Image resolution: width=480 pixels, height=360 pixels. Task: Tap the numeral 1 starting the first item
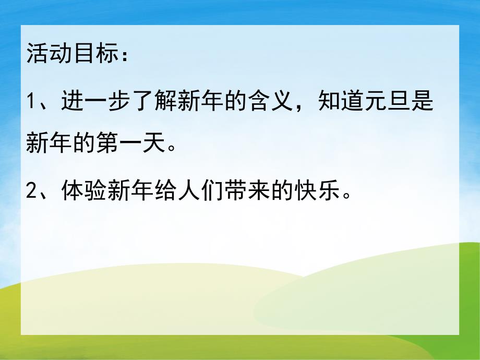pyautogui.click(x=31, y=101)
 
